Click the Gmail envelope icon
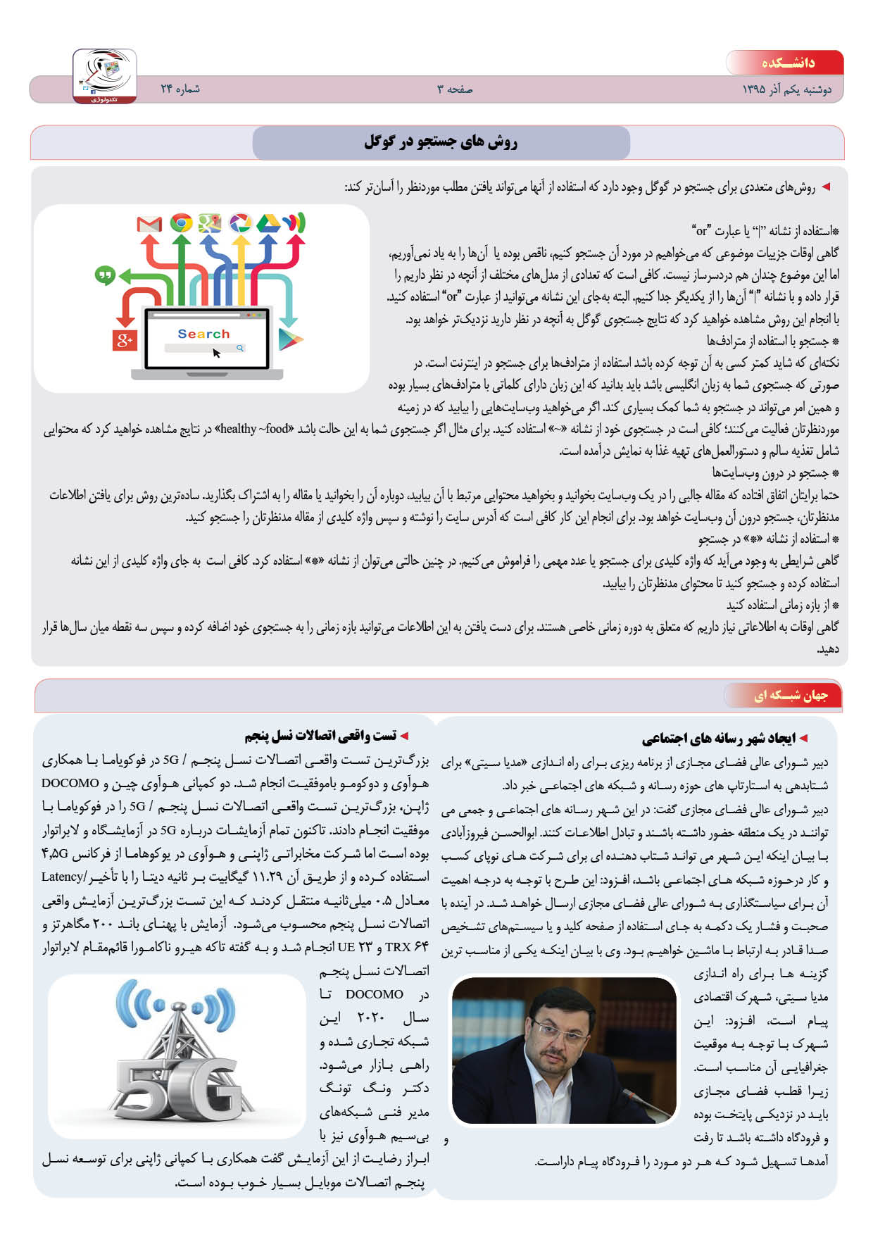pos(149,224)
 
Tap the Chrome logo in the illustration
pos(181,223)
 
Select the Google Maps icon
pos(210,223)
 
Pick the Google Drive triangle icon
pos(268,223)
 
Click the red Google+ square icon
pos(125,340)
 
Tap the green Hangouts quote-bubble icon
pos(105,275)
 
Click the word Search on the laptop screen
pos(203,334)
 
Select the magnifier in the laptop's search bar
pos(240,348)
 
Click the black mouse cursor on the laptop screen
pos(216,353)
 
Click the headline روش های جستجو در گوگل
pos(441,142)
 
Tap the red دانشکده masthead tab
pos(787,63)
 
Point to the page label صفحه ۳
pos(455,89)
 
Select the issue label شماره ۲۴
pos(180,89)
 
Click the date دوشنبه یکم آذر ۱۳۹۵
pos(787,90)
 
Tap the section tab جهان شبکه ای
pos(791,696)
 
